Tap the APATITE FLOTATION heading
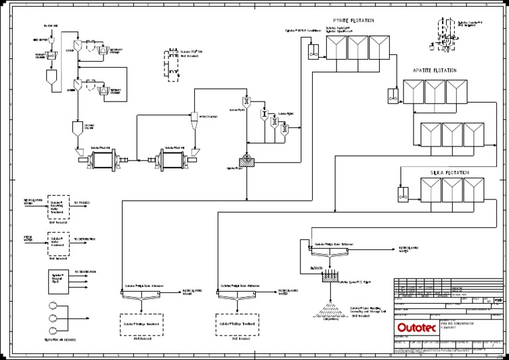(x=434, y=70)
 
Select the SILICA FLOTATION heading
(x=449, y=172)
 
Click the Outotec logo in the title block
(x=417, y=327)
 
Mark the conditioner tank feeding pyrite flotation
(x=313, y=49)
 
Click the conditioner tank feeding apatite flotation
(x=393, y=95)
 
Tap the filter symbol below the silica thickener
(x=329, y=276)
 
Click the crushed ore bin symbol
(x=75, y=127)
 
